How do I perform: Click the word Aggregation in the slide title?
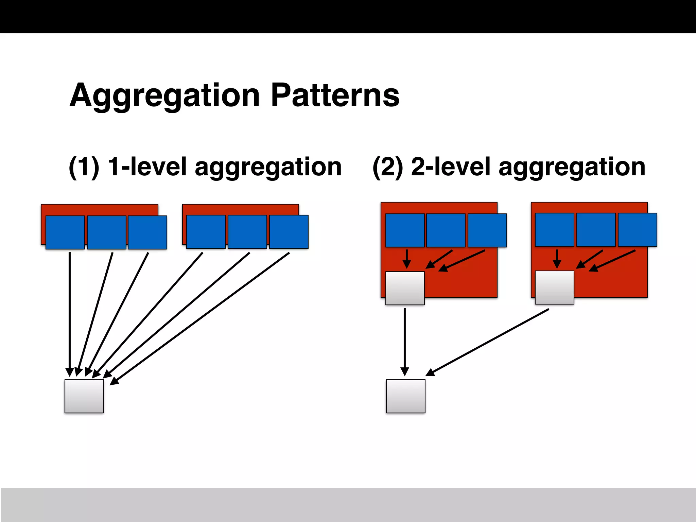(x=165, y=96)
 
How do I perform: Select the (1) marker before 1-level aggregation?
(x=84, y=167)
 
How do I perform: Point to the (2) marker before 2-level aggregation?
(x=388, y=167)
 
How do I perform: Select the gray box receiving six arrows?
(x=84, y=396)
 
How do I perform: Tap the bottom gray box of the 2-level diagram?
(x=405, y=396)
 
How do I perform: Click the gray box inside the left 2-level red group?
(x=405, y=288)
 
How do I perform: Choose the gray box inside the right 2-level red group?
(x=554, y=287)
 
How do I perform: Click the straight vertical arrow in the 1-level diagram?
(x=70, y=313)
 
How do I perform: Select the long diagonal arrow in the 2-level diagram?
(x=488, y=342)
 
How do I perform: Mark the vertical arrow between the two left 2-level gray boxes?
(x=405, y=340)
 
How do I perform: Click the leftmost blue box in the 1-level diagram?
(x=65, y=232)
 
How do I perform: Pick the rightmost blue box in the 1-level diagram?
(x=289, y=231)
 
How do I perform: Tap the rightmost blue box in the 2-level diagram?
(x=637, y=229)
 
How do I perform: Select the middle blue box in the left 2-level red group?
(x=446, y=230)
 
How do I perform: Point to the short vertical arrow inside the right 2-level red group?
(x=557, y=258)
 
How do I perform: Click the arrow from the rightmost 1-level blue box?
(x=201, y=318)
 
